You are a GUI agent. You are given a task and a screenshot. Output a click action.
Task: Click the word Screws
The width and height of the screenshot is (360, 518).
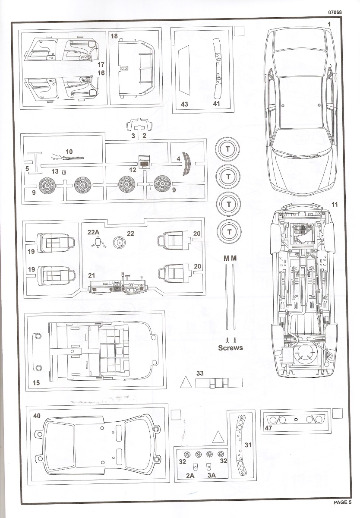tap(231, 347)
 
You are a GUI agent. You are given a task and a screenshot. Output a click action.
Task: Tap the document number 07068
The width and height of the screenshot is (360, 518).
tap(335, 13)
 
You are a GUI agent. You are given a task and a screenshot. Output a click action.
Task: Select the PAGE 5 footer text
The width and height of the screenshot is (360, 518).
tap(343, 502)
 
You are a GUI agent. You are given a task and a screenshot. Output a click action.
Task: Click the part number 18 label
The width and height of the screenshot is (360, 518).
tap(114, 36)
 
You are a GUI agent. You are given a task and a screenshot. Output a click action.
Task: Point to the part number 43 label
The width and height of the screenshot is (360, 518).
tap(184, 104)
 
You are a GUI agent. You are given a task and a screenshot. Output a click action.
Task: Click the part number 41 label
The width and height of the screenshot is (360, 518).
tap(217, 104)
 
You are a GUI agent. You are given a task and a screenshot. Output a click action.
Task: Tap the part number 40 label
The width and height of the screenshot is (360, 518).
tap(37, 416)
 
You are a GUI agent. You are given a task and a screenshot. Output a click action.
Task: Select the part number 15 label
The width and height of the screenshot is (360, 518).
tap(36, 382)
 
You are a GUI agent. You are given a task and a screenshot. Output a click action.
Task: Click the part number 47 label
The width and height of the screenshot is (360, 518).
tap(268, 428)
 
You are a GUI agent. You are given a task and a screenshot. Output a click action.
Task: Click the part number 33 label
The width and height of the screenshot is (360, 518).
tap(200, 373)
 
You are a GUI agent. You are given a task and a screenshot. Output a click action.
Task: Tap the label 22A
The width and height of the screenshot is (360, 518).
tap(94, 232)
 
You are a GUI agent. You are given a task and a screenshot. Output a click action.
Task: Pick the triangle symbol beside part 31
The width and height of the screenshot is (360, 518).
tap(218, 436)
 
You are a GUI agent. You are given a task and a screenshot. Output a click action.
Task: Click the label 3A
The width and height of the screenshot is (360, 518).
tap(212, 475)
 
